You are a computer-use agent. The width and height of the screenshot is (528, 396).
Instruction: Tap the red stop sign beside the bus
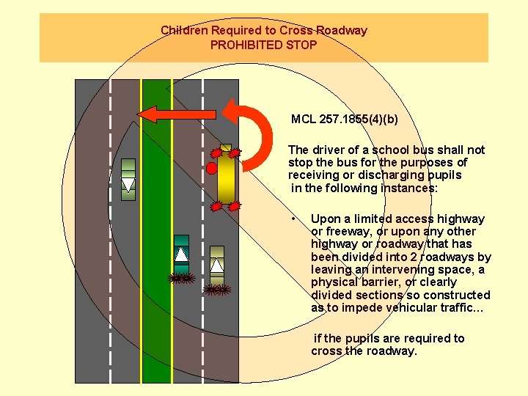pos(212,168)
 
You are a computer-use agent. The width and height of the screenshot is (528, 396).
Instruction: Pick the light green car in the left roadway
pos(128,179)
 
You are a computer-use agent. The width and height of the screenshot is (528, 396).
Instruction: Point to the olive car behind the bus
pos(217,265)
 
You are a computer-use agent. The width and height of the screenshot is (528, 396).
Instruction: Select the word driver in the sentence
pos(329,150)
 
